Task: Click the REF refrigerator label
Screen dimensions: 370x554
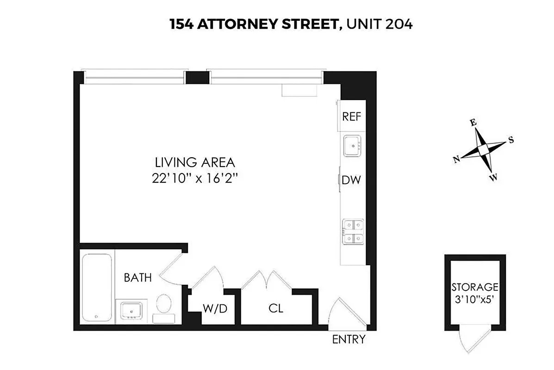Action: click(x=351, y=117)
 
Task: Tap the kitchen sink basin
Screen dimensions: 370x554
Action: click(x=353, y=147)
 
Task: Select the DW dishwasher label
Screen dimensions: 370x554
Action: click(x=351, y=180)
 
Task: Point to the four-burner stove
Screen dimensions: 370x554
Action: click(x=353, y=232)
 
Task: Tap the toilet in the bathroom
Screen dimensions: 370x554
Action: click(x=163, y=304)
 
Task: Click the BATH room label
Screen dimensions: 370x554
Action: click(x=137, y=278)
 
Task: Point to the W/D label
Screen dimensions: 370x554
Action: click(x=215, y=308)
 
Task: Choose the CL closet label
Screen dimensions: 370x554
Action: click(x=276, y=308)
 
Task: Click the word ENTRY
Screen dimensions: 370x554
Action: click(x=349, y=339)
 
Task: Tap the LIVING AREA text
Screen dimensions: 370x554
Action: click(x=195, y=163)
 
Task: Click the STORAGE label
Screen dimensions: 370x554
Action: click(x=475, y=287)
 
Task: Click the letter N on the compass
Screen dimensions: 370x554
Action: click(x=456, y=159)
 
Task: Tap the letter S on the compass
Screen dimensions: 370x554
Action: click(x=511, y=140)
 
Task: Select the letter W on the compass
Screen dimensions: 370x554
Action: click(x=494, y=177)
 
